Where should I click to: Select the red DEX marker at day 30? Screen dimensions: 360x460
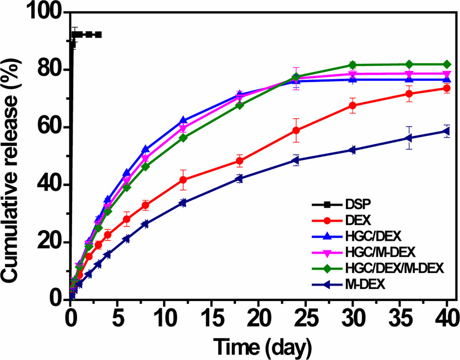pyautogui.click(x=353, y=106)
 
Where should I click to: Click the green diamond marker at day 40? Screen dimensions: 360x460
pyautogui.click(x=446, y=64)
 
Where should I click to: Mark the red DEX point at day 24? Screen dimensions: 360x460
pyautogui.click(x=296, y=130)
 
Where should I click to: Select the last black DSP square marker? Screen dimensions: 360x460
pyautogui.click(x=99, y=35)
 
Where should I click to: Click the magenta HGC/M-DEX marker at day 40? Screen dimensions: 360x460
pyautogui.click(x=446, y=74)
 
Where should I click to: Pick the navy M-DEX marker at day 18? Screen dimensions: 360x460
pyautogui.click(x=239, y=179)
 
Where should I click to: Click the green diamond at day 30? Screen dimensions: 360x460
pyautogui.click(x=353, y=65)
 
